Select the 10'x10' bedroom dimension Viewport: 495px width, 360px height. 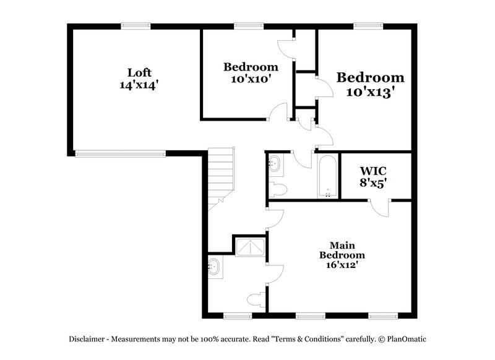(x=251, y=79)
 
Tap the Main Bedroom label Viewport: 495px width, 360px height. (x=342, y=250)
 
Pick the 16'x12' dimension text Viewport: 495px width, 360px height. (x=342, y=265)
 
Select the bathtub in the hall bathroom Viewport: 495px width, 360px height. (x=327, y=176)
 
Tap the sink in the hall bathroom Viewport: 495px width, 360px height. (x=274, y=165)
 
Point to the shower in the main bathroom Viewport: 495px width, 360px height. (x=249, y=247)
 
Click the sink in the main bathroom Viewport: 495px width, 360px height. (x=214, y=268)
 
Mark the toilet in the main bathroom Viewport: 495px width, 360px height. (x=254, y=301)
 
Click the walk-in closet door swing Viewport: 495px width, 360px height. (x=380, y=208)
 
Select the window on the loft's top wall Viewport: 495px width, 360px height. (x=136, y=25)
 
